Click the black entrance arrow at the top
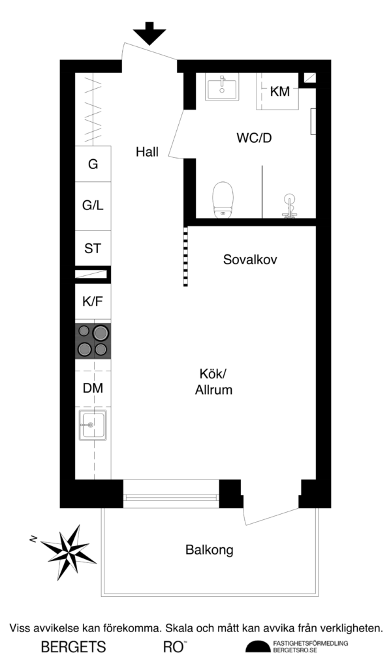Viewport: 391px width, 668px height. tap(149, 33)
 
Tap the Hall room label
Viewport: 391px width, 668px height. tap(148, 152)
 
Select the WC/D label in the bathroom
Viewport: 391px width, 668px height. tap(253, 138)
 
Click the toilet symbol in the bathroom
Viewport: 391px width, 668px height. tap(223, 198)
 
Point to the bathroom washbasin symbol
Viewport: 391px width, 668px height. tap(223, 88)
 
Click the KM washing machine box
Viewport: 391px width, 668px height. tap(279, 92)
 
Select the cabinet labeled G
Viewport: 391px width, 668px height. tap(93, 164)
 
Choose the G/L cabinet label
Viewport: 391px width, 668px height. tap(93, 205)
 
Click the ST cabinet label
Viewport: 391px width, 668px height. tap(93, 248)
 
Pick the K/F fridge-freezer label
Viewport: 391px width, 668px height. tap(93, 302)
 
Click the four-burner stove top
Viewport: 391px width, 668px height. tap(93, 341)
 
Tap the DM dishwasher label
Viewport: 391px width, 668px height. tap(93, 388)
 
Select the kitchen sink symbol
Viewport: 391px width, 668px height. tap(92, 425)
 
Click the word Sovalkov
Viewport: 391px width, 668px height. tap(250, 260)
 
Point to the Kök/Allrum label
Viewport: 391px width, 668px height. tap(214, 382)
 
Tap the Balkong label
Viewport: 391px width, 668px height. tap(210, 550)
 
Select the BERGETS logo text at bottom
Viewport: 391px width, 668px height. tap(73, 647)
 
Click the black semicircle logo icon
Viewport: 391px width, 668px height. tap(257, 646)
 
